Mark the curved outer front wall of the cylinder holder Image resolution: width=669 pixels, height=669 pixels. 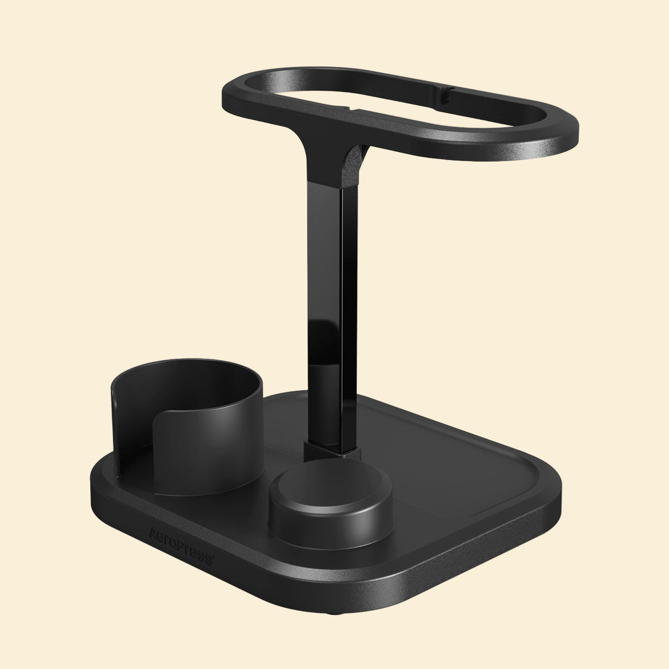pyautogui.click(x=209, y=460)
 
